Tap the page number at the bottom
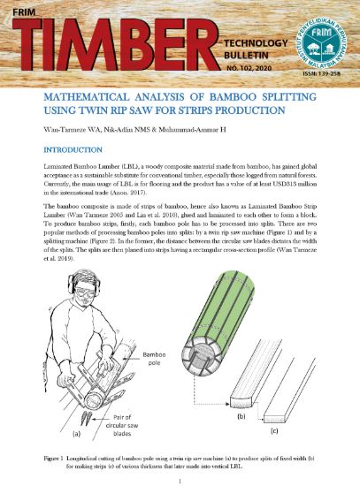click(180, 481)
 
